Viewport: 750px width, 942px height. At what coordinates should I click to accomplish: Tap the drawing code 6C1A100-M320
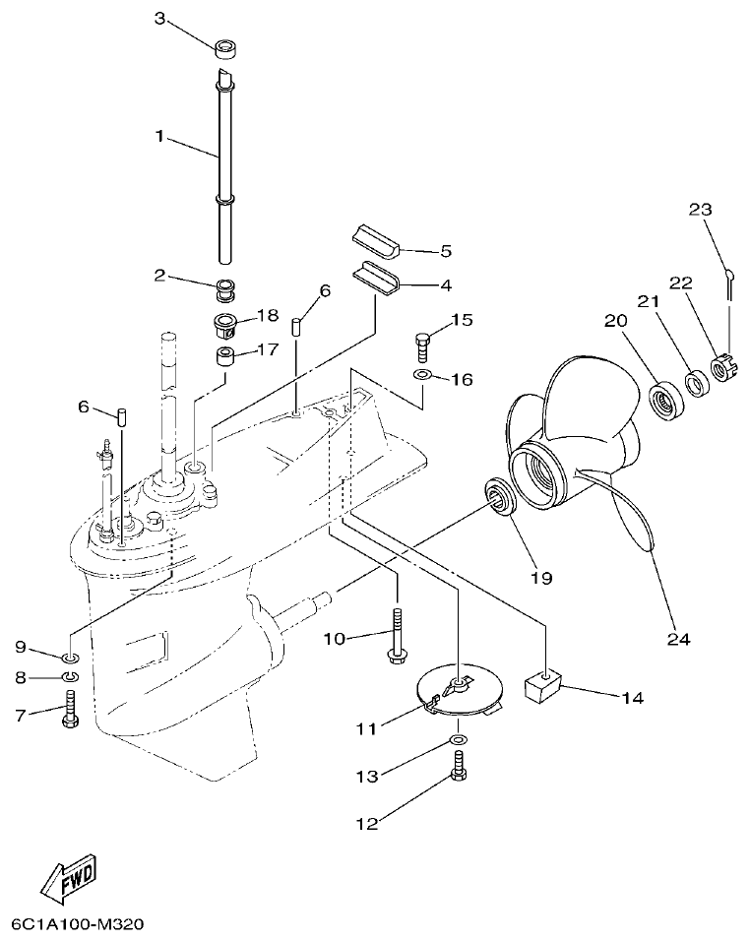tap(78, 925)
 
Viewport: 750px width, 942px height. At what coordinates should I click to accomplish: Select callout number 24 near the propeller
tap(678, 638)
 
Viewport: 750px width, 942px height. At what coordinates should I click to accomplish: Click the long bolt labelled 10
tap(398, 636)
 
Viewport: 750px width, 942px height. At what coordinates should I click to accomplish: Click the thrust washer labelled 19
tap(500, 496)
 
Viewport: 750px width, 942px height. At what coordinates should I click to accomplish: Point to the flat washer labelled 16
tap(421, 376)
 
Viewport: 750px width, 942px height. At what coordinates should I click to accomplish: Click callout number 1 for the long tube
tap(158, 138)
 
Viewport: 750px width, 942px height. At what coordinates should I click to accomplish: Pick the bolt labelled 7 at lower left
tap(69, 711)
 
